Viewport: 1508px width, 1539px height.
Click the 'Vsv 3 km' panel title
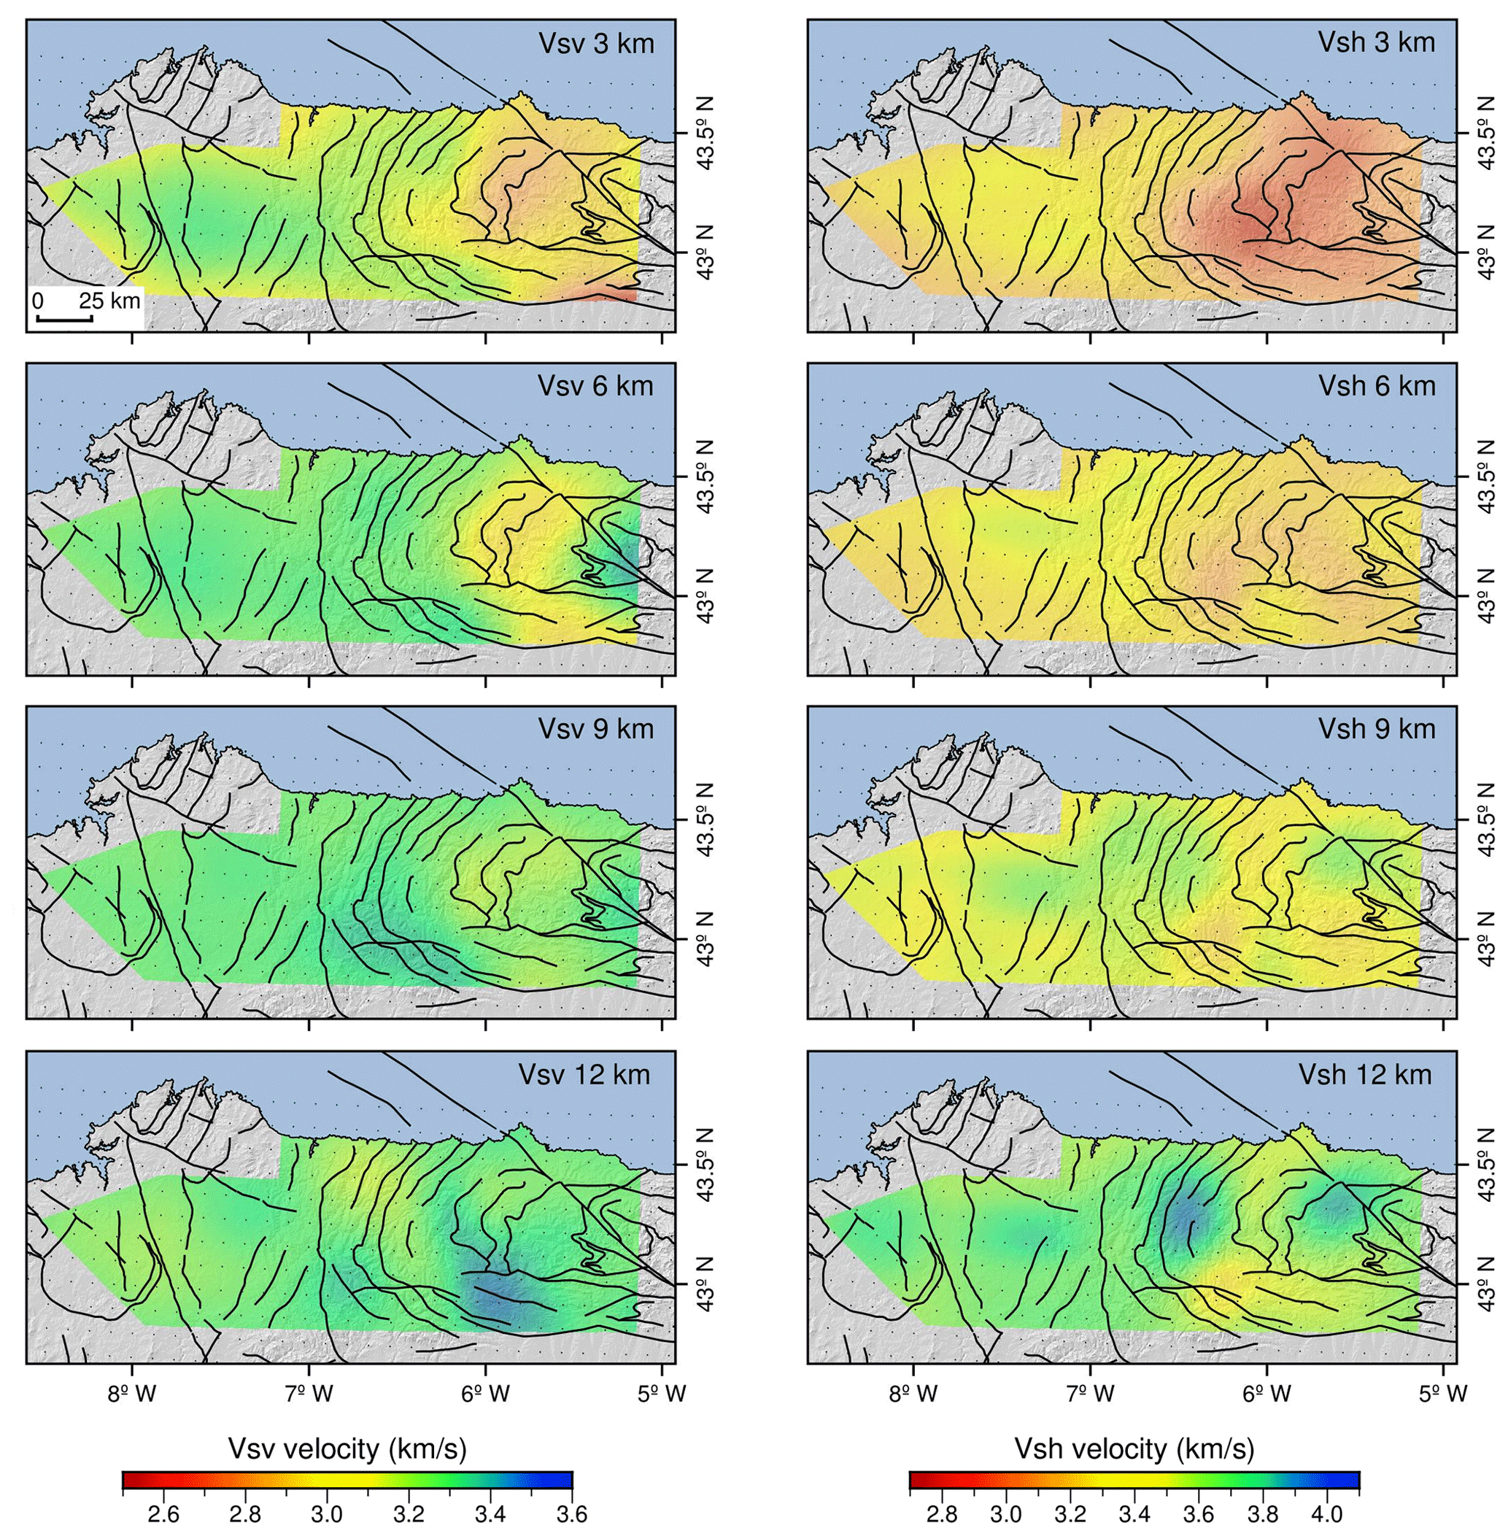[x=595, y=43]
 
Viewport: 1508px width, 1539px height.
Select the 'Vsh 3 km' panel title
[x=1377, y=43]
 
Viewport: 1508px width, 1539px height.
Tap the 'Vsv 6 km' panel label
[x=595, y=386]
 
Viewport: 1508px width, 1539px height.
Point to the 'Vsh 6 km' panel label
[x=1377, y=386]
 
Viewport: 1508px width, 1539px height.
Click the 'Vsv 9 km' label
[x=595, y=729]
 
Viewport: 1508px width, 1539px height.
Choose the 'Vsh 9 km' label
[x=1377, y=729]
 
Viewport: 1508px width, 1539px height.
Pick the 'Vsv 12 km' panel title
[x=584, y=1075]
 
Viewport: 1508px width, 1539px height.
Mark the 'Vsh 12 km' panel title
[x=1366, y=1075]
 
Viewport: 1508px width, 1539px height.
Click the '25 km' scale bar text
[x=109, y=301]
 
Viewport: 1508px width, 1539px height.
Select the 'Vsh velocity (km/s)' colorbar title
[x=1134, y=1449]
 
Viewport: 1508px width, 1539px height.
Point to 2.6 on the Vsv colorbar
[x=163, y=1514]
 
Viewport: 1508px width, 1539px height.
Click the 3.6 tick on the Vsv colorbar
[x=572, y=1514]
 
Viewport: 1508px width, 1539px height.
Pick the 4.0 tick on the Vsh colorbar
[x=1326, y=1514]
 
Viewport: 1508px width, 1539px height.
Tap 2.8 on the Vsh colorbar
[x=942, y=1514]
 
